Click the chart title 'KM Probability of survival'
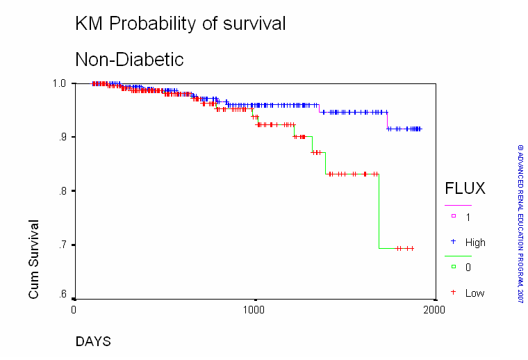[181, 24]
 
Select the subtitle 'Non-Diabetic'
[129, 60]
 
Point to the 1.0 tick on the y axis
[59, 83]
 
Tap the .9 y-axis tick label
[63, 137]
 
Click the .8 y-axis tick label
[63, 191]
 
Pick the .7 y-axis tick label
[63, 245]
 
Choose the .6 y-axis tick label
[63, 294]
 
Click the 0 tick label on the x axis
[74, 309]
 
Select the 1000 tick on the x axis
[254, 309]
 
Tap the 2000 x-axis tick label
[434, 309]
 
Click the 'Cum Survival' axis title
[33, 259]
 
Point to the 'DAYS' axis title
[93, 341]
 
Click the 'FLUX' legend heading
[465, 188]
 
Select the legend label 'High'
[475, 243]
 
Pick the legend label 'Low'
[475, 293]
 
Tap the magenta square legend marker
[454, 216]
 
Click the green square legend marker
[454, 267]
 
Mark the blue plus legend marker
[453, 241]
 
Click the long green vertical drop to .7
[379, 211]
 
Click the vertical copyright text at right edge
[520, 224]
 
